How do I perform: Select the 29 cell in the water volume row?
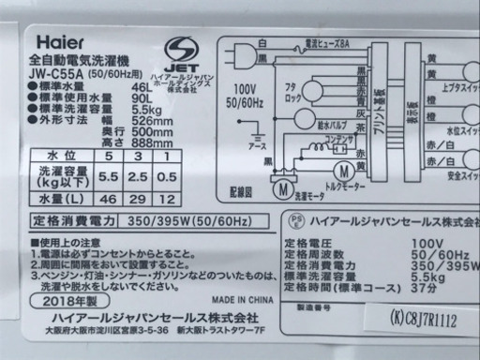(137, 226)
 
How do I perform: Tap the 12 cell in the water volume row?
(167, 226)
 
